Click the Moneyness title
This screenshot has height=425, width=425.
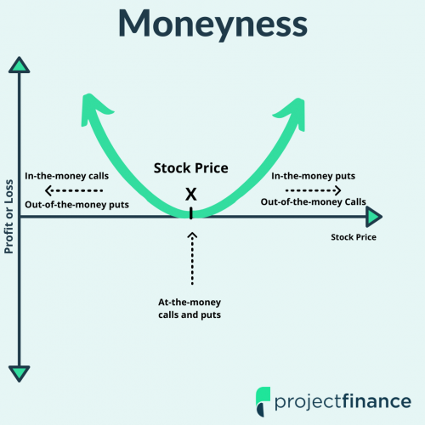tap(212, 25)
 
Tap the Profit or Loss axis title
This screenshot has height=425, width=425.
tap(8, 217)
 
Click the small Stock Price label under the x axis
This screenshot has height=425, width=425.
tap(354, 237)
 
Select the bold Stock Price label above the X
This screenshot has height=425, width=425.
tap(191, 168)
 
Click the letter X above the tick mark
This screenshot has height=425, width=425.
tap(191, 195)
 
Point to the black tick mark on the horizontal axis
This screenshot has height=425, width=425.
tap(191, 213)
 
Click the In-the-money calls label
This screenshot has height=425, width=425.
tap(67, 176)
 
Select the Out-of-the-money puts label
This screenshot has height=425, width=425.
tap(76, 205)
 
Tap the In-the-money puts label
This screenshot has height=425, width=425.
tap(314, 176)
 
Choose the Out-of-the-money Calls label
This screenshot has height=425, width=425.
tap(314, 202)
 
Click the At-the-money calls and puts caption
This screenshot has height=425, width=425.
tap(190, 309)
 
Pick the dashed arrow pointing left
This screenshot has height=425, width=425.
tap(74, 190)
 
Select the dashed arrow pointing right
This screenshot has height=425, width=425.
tap(314, 190)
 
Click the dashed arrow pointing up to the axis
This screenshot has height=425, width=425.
tap(192, 258)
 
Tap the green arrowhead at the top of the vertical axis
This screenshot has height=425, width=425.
tap(20, 65)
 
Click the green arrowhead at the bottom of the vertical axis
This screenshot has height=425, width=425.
tap(20, 374)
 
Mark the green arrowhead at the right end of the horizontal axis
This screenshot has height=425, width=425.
tap(374, 217)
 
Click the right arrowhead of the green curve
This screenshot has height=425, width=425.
tap(292, 113)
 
